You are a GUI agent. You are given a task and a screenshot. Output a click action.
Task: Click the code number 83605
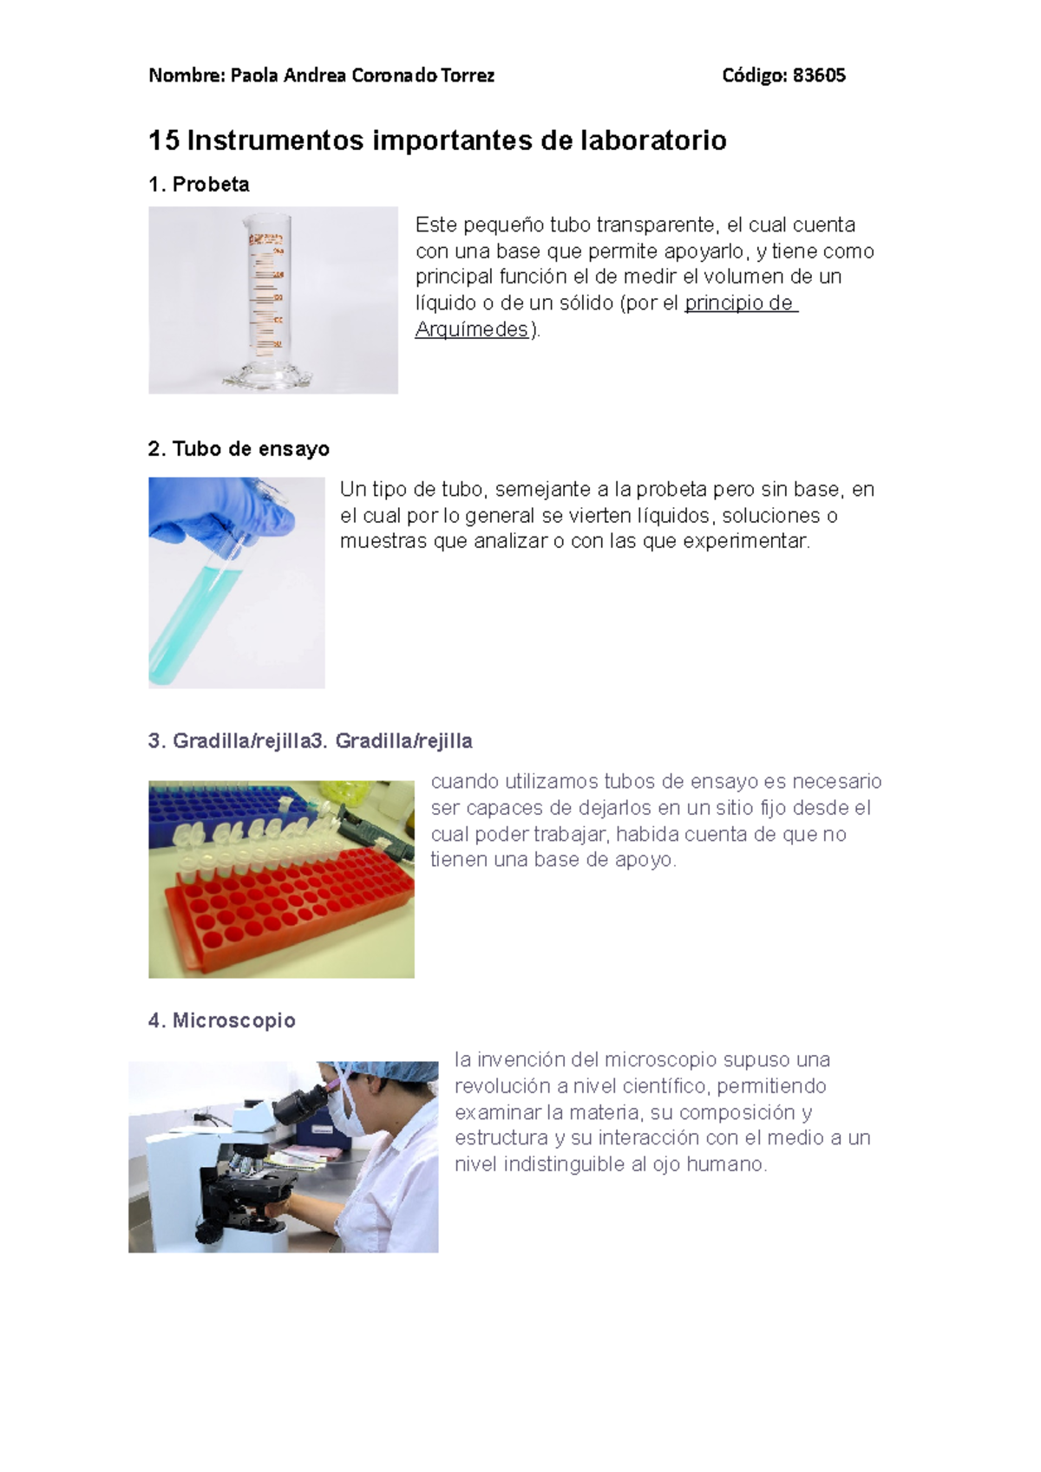819,75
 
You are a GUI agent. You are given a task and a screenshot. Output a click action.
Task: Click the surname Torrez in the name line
467,75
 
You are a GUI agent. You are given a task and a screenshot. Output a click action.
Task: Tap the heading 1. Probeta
199,185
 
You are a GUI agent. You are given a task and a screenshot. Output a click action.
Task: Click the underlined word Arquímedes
471,329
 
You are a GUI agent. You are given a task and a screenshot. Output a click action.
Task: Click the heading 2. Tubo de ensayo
239,449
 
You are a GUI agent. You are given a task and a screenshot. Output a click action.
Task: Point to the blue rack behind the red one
217,806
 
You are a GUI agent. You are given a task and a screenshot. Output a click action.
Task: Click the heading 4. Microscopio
222,1020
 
